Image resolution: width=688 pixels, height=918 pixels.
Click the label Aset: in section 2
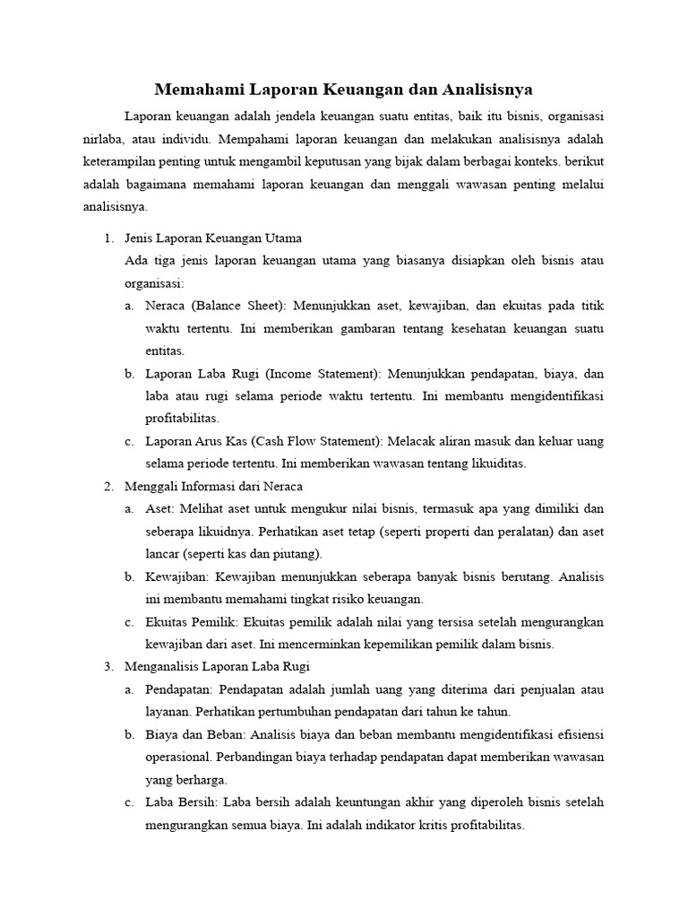pyautogui.click(x=160, y=508)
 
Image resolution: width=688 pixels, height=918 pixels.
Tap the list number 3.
pyautogui.click(x=107, y=666)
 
